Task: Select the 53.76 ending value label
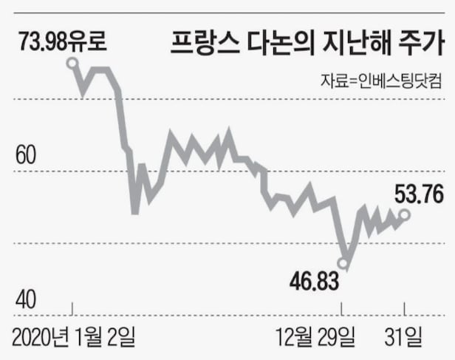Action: pyautogui.click(x=418, y=194)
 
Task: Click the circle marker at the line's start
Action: pyautogui.click(x=72, y=64)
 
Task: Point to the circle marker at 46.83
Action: pyautogui.click(x=343, y=262)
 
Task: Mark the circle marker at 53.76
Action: pyautogui.click(x=404, y=214)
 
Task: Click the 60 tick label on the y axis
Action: pyautogui.click(x=26, y=156)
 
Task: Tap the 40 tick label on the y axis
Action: pyautogui.click(x=26, y=300)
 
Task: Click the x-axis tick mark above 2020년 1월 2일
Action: pyautogui.click(x=72, y=308)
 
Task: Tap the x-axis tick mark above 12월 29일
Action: pyautogui.click(x=342, y=308)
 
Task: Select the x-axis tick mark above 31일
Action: pyautogui.click(x=404, y=308)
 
